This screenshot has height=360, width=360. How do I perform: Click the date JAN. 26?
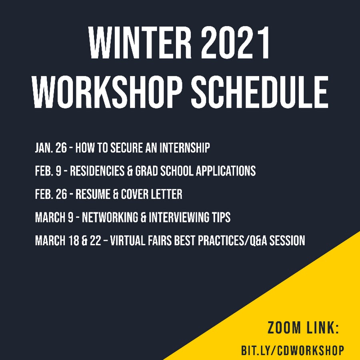[x=51, y=148]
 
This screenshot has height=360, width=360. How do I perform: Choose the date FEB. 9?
[x=48, y=171]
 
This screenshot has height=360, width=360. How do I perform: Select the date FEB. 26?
[x=51, y=194]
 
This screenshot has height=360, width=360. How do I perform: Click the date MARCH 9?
[x=54, y=218]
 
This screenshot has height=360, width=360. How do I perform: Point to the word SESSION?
[x=287, y=241]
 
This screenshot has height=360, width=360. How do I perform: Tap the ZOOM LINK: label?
[x=304, y=328]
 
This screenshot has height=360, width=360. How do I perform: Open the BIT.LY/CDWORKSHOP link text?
[x=293, y=350]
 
